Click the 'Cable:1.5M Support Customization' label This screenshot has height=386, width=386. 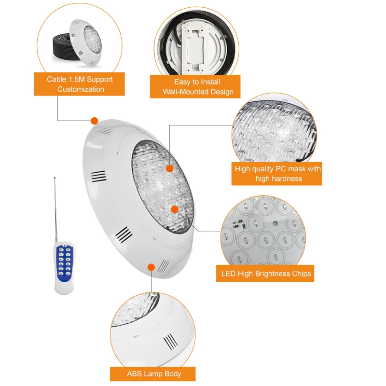(80, 84)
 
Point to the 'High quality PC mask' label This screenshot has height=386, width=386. (278, 174)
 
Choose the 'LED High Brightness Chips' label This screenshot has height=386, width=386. (265, 274)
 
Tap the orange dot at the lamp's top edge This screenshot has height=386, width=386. (94, 121)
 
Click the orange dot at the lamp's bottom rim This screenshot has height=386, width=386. (151, 267)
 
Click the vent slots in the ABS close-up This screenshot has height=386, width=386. (169, 342)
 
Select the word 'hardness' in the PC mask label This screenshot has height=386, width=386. (287, 179)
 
